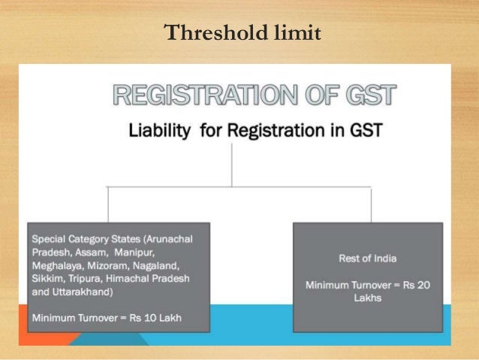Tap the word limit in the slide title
[294, 34]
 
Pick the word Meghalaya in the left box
[57, 265]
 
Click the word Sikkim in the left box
[47, 279]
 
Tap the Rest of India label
[367, 259]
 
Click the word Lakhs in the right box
[367, 298]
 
